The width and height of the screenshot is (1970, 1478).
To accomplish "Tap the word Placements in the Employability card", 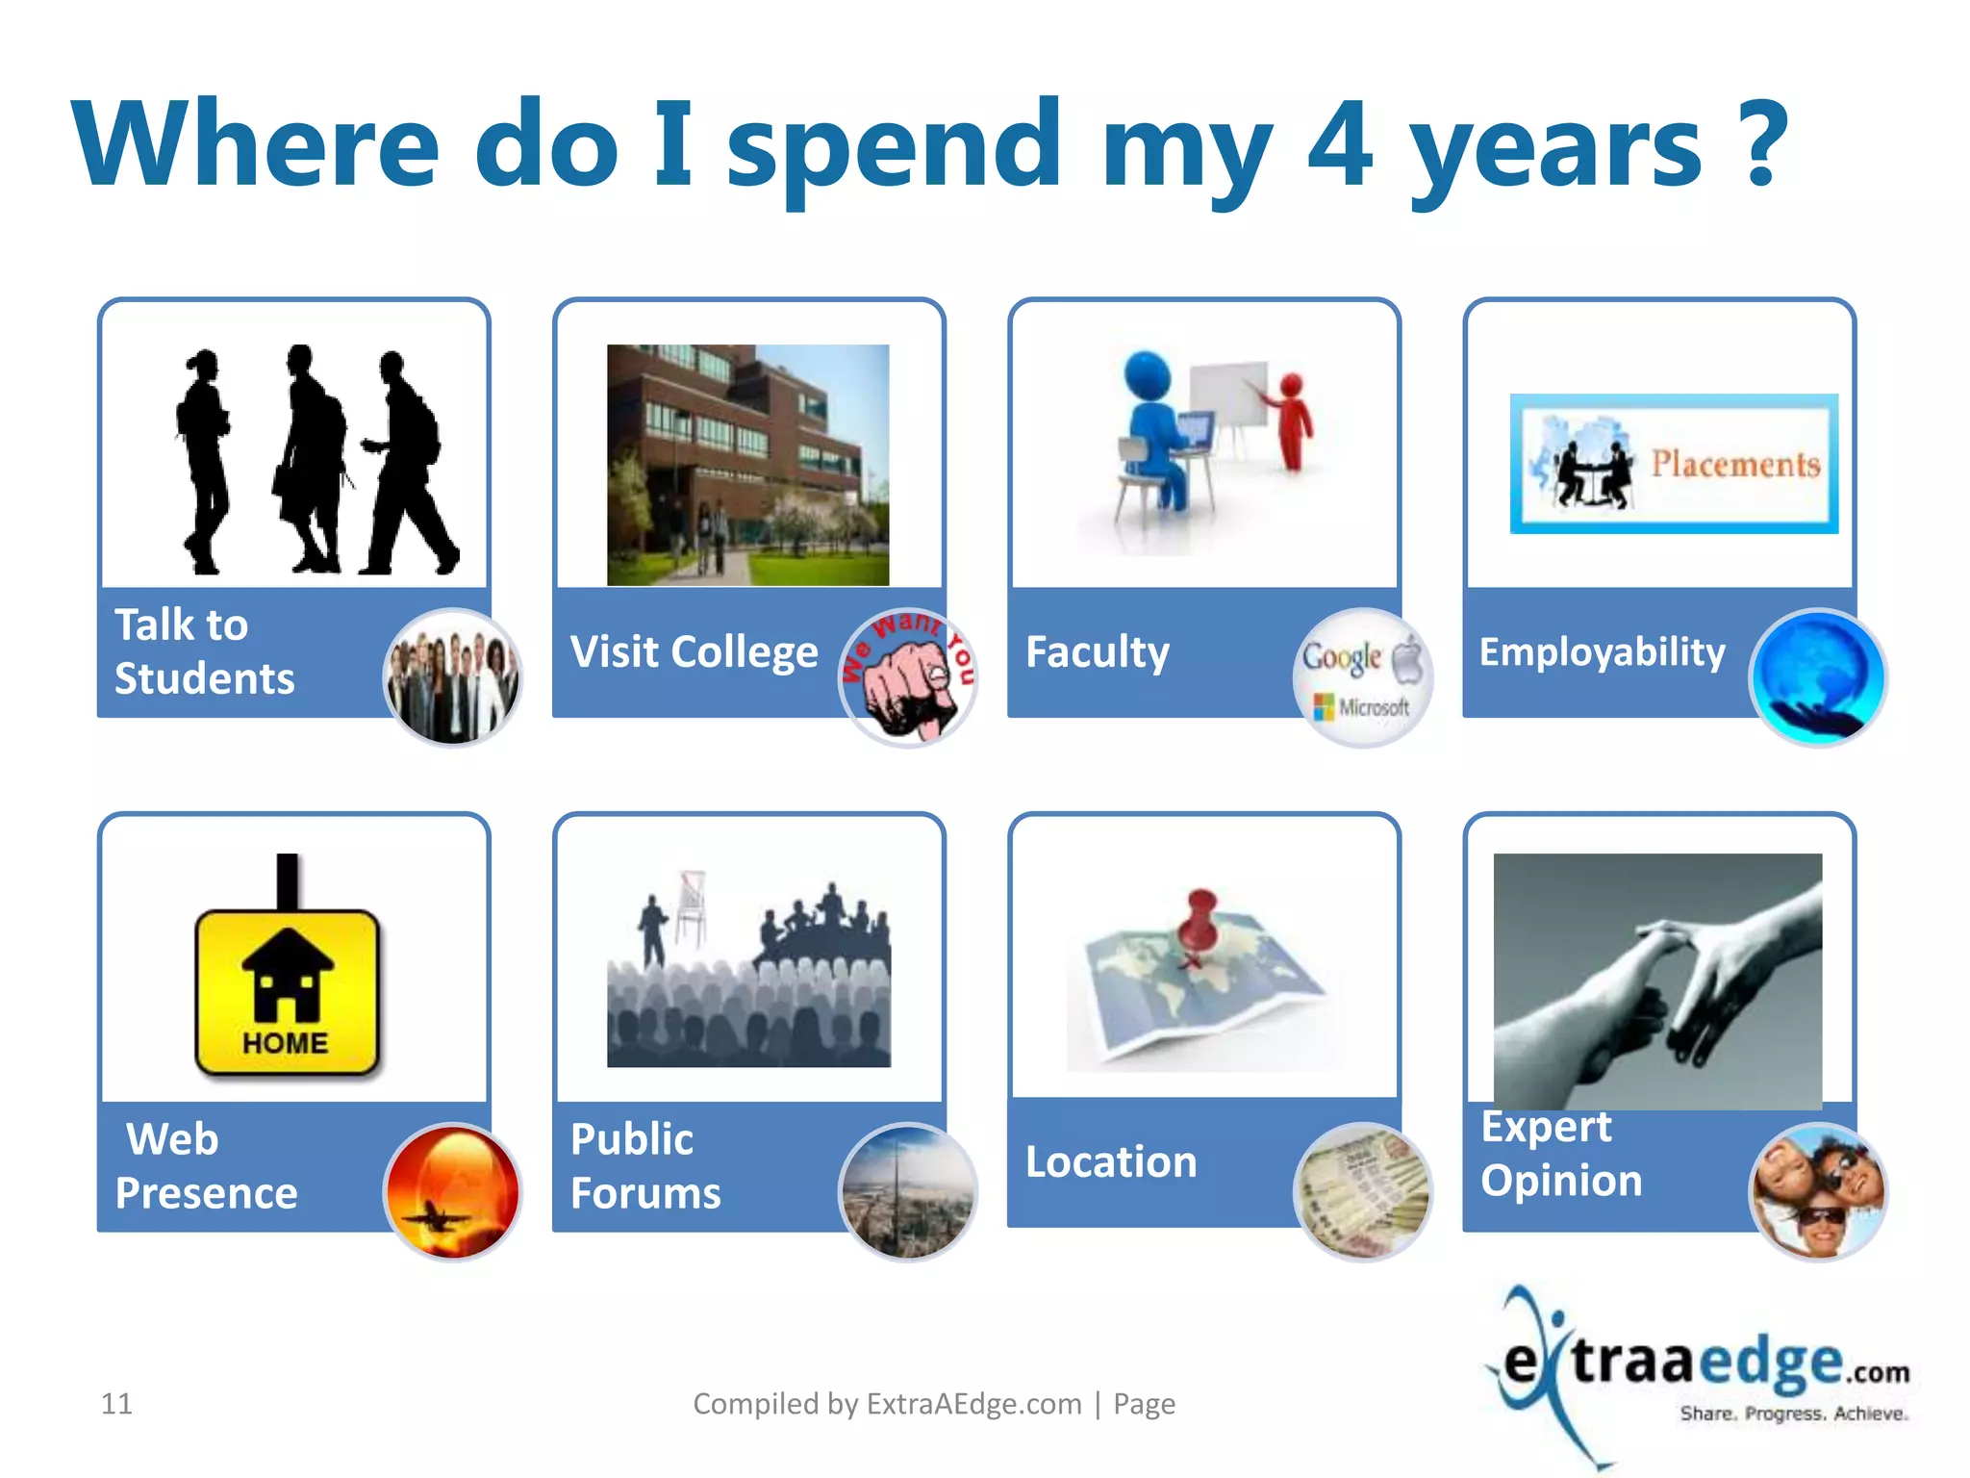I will [x=1735, y=464].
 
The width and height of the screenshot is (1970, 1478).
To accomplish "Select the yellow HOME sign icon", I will [x=287, y=991].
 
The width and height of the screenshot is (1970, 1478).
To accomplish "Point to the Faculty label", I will [x=1098, y=651].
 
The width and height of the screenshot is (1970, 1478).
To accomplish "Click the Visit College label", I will [x=694, y=651].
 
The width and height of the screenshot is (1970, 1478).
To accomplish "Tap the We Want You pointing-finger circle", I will [x=908, y=677].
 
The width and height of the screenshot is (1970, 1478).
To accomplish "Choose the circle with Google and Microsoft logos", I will [x=1362, y=677].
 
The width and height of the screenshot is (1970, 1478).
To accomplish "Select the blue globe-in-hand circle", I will [x=1817, y=677].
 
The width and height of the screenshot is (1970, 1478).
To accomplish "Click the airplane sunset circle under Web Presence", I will [x=452, y=1191].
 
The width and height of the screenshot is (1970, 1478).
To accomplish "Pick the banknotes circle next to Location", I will [x=1362, y=1191].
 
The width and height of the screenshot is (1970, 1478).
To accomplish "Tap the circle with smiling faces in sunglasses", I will [x=1817, y=1191].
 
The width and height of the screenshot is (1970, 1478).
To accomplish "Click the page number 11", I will [x=116, y=1404].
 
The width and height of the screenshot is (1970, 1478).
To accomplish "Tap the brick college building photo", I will [x=747, y=465].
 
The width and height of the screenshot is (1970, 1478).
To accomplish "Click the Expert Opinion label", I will [x=1560, y=1154].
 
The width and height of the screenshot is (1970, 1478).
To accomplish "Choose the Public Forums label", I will [x=644, y=1165].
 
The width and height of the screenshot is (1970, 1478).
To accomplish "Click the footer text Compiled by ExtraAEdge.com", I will [x=887, y=1404].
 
